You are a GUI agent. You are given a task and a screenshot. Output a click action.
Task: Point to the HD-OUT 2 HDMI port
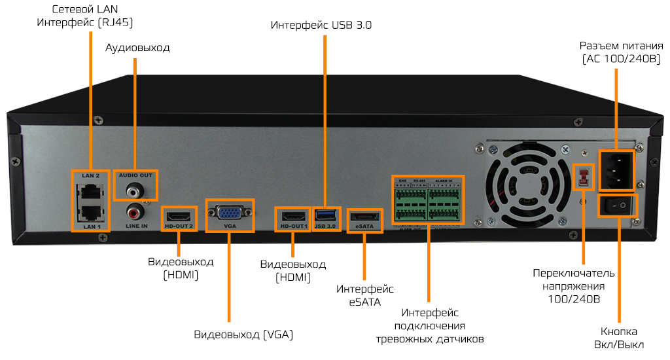pyautogui.click(x=179, y=215)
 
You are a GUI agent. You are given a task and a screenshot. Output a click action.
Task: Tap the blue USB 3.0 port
pyautogui.click(x=325, y=214)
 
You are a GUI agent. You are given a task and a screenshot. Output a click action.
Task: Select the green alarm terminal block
pyautogui.click(x=427, y=201)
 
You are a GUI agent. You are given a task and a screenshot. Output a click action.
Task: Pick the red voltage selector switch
pyautogui.click(x=582, y=175)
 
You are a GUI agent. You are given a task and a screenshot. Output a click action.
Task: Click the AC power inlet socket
pyautogui.click(x=616, y=168)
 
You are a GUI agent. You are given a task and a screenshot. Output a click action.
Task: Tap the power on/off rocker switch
pyautogui.click(x=618, y=206)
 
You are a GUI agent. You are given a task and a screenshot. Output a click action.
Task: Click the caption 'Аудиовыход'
pyautogui.click(x=137, y=48)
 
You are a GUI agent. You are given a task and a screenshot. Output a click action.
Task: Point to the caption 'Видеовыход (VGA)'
pyautogui.click(x=243, y=334)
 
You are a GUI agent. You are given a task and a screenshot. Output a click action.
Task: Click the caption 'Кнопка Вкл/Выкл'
pyautogui.click(x=619, y=338)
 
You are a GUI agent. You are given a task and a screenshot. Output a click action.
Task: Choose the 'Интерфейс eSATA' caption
pyautogui.click(x=365, y=295)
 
